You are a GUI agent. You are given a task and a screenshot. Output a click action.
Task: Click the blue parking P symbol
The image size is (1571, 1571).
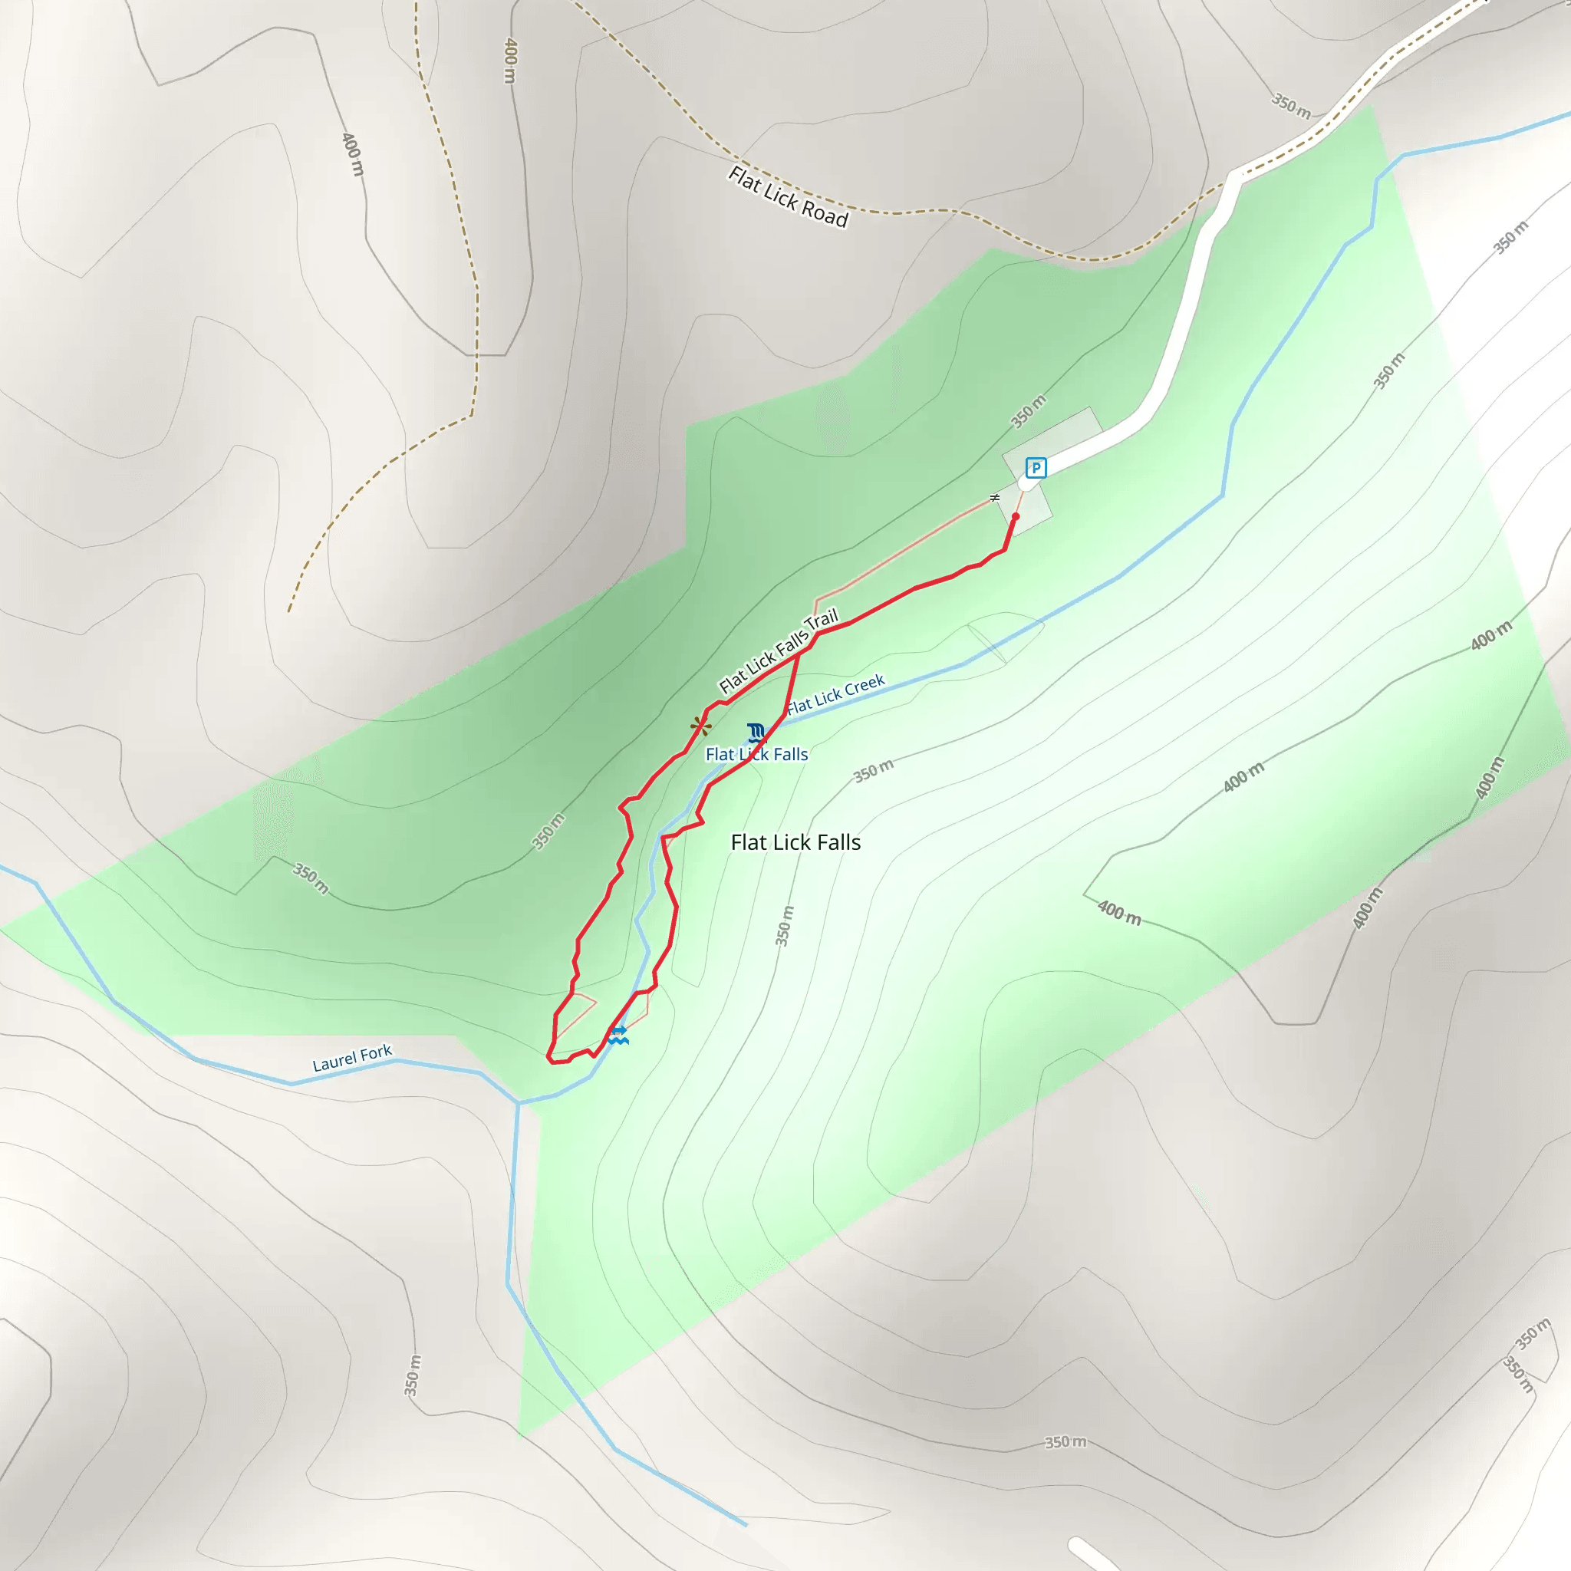[1035, 468]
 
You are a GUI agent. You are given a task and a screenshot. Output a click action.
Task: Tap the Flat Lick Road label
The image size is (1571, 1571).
[788, 197]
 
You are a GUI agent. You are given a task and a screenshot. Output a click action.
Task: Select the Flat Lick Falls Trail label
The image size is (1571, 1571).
[778, 651]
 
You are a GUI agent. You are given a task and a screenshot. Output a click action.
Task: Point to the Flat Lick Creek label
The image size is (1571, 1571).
[836, 694]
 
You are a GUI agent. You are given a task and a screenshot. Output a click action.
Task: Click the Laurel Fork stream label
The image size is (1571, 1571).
[352, 1058]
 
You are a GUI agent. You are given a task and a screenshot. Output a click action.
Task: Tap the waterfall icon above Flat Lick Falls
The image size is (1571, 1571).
[756, 732]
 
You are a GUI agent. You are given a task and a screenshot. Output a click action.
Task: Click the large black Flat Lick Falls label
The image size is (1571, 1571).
[795, 842]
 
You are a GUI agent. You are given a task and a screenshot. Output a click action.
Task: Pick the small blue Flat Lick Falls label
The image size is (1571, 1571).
[756, 755]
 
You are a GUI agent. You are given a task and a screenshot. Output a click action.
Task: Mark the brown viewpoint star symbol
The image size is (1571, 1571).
[701, 726]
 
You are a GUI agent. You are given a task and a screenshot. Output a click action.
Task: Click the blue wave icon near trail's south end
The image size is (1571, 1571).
[619, 1035]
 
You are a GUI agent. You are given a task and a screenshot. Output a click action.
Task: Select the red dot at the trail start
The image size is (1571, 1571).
[1016, 516]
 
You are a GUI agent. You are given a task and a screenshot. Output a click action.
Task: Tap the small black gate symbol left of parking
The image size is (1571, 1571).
[994, 498]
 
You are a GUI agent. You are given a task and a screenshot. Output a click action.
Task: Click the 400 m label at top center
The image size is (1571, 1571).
[510, 60]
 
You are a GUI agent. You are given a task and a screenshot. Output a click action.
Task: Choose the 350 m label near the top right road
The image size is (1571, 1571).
[1291, 107]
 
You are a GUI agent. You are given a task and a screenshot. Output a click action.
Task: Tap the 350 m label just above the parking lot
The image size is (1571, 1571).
[1029, 410]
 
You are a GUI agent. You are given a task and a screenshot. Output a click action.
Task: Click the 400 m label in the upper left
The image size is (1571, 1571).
[353, 153]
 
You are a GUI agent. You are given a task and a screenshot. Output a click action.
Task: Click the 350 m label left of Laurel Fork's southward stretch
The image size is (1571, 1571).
[412, 1375]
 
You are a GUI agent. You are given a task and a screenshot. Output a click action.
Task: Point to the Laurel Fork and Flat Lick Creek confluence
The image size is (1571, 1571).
[518, 1103]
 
